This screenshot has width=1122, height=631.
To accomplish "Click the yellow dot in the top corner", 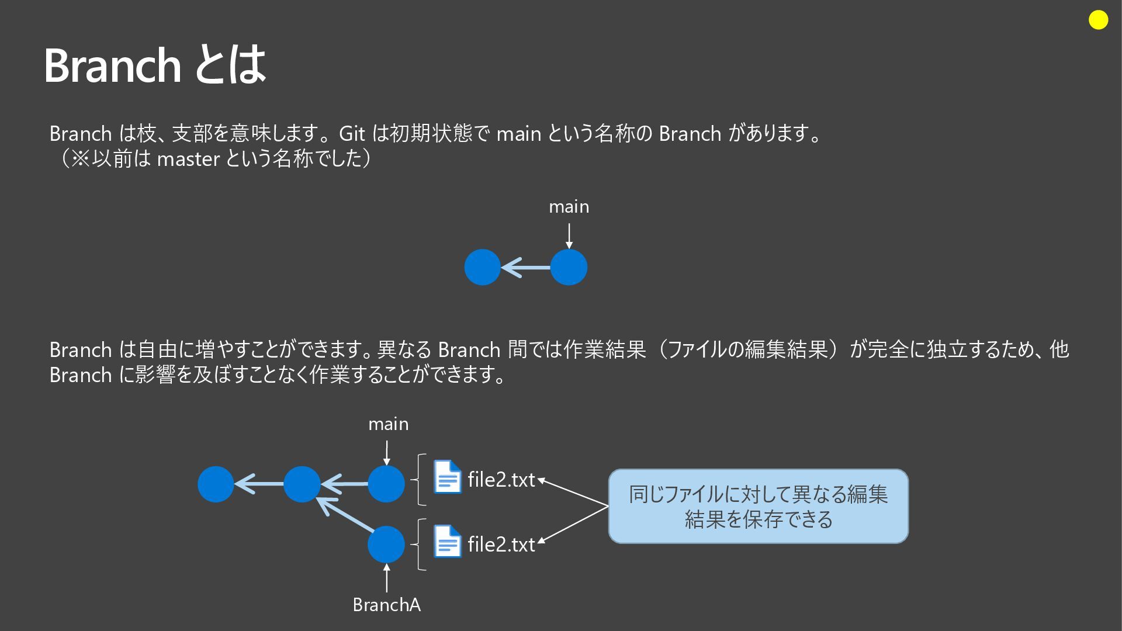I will pyautogui.click(x=1099, y=20).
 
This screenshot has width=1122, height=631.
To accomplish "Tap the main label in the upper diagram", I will pyautogui.click(x=569, y=207).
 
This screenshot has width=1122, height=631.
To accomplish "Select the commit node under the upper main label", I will pyautogui.click(x=569, y=268).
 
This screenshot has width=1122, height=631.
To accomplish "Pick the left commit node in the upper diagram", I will pyautogui.click(x=482, y=268).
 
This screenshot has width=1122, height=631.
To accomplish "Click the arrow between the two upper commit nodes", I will pyautogui.click(x=525, y=268).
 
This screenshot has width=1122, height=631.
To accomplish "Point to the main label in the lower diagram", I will pyautogui.click(x=388, y=424).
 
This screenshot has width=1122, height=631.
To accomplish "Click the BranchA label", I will pyautogui.click(x=386, y=605).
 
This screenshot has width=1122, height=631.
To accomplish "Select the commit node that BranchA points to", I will pyautogui.click(x=386, y=544).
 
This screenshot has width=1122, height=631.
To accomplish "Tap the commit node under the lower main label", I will pyautogui.click(x=386, y=484).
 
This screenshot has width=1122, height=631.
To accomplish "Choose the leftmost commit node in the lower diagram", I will pyautogui.click(x=216, y=484).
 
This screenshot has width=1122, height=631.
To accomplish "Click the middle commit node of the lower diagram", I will pyautogui.click(x=302, y=484).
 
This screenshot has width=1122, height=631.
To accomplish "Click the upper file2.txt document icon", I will pyautogui.click(x=447, y=477).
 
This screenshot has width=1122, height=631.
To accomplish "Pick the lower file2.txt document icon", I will pyautogui.click(x=447, y=542).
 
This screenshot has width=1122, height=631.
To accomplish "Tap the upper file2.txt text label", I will pyautogui.click(x=501, y=480).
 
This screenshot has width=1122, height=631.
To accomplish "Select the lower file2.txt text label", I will pyautogui.click(x=501, y=545).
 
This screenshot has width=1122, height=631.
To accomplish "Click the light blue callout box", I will pyautogui.click(x=758, y=507).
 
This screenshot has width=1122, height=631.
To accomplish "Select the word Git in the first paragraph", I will pyautogui.click(x=352, y=134).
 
